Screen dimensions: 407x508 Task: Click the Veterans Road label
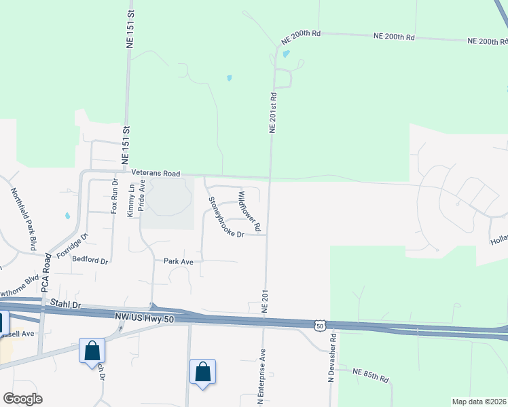[x=156, y=174]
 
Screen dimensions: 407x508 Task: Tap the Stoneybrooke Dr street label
[x=225, y=218]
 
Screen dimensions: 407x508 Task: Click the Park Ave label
[x=179, y=261]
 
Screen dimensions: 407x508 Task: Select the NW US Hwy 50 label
[x=143, y=317]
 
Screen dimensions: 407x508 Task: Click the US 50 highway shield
[x=320, y=326]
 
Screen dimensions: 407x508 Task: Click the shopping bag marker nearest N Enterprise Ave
[x=202, y=372]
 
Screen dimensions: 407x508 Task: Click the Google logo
[x=22, y=399]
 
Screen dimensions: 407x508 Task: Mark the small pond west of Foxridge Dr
[x=67, y=216]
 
